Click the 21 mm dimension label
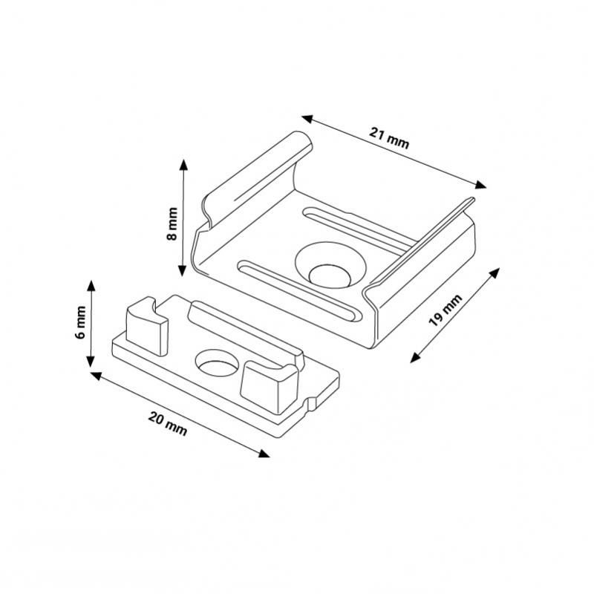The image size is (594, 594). tap(389, 138)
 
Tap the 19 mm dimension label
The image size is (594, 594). tap(446, 310)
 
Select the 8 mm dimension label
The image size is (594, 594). tap(172, 223)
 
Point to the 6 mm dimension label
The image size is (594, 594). tap(81, 322)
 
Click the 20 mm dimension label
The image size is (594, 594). tap(168, 424)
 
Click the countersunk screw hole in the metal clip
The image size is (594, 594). tap(330, 265)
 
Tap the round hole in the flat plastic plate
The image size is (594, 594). tap(217, 363)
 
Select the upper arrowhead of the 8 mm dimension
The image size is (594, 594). tap(183, 164)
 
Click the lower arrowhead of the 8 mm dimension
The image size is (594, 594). tap(182, 270)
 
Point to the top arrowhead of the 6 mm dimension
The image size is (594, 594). tap(91, 286)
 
